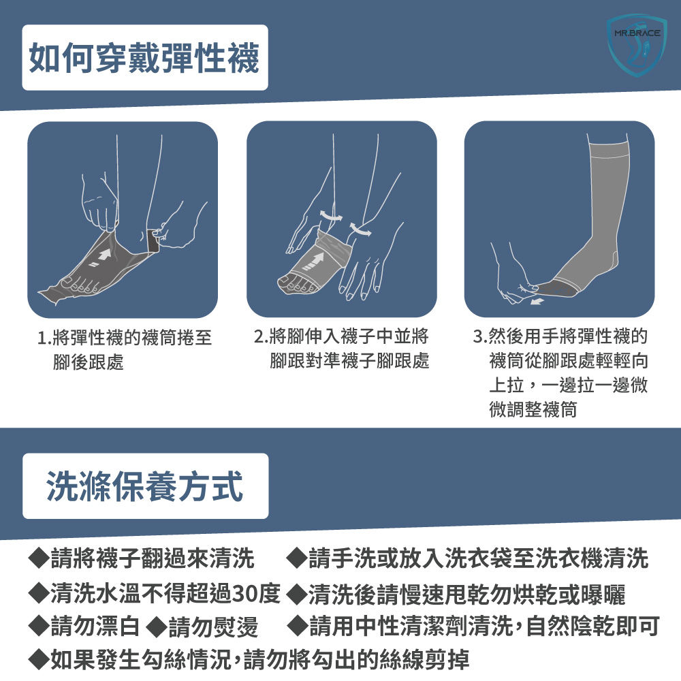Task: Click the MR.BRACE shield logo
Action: (x=637, y=46)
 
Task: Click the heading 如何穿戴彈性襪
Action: (x=144, y=58)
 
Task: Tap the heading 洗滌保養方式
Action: (x=144, y=486)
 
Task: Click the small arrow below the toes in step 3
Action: (x=537, y=301)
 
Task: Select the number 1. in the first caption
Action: (x=45, y=338)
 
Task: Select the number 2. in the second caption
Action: (x=261, y=336)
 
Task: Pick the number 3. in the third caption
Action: (x=480, y=336)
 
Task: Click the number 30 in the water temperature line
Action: (x=244, y=593)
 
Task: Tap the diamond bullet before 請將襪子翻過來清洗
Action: (x=38, y=558)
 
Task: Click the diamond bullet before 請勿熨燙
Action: (x=157, y=627)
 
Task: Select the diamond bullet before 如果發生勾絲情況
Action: (x=38, y=660)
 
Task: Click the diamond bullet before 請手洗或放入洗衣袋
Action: (x=297, y=558)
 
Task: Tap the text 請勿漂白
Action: (x=95, y=627)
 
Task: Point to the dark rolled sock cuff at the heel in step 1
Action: (x=153, y=240)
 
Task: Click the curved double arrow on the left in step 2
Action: (x=330, y=215)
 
